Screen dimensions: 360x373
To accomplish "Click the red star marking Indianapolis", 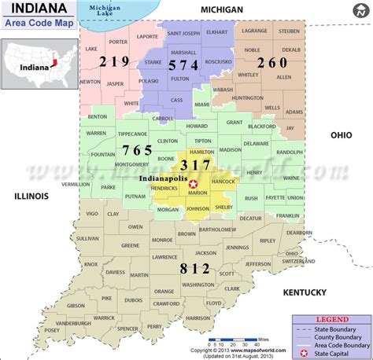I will [x=193, y=183].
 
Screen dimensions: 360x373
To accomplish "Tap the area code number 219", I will [x=115, y=62].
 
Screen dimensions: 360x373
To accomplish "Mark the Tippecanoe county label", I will [x=132, y=134].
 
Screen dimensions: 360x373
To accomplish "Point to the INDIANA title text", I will [x=32, y=9].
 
